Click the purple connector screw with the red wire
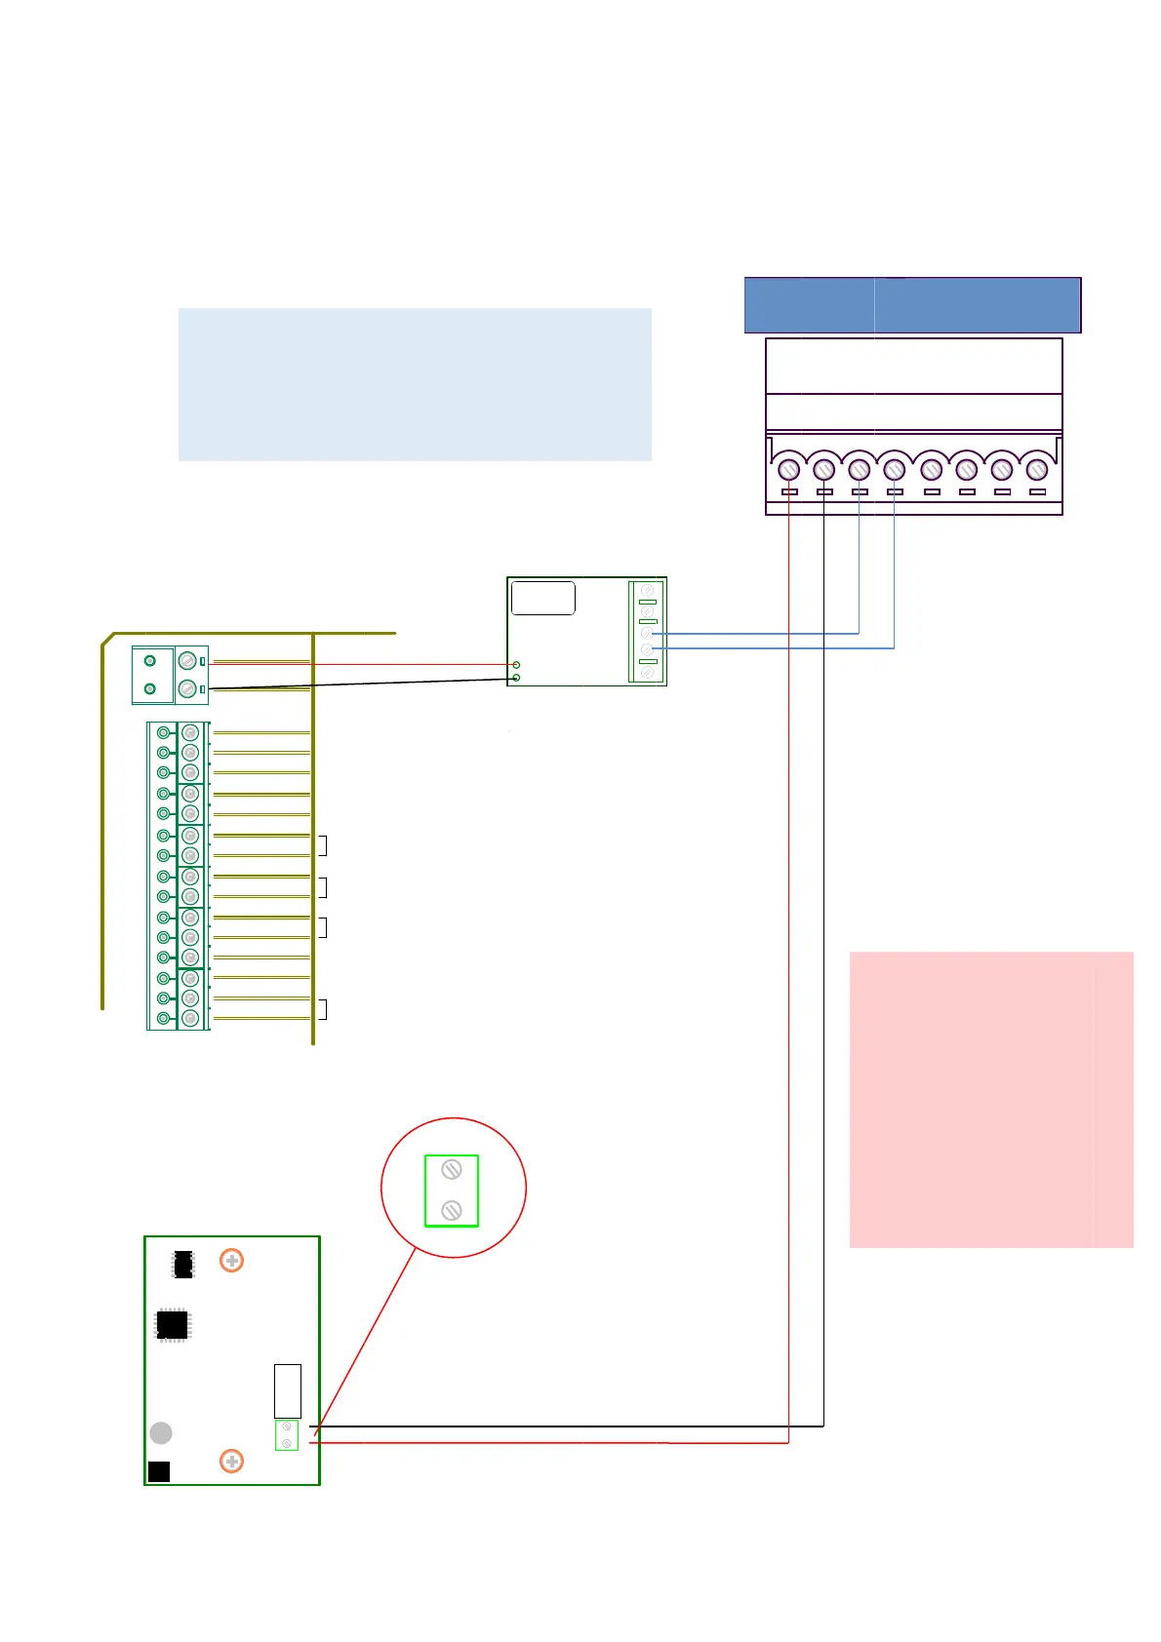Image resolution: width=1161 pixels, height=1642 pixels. point(789,470)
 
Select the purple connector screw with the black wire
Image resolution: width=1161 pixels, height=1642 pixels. point(824,470)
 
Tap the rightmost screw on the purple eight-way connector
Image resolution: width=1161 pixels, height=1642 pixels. point(1037,470)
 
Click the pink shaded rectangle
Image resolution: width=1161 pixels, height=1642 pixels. point(990,1099)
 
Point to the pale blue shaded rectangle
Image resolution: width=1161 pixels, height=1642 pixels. point(415,384)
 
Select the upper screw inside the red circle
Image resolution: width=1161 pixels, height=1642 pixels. point(451,1169)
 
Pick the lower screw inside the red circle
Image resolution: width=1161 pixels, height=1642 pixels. point(451,1210)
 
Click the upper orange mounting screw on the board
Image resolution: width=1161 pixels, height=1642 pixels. point(231,1261)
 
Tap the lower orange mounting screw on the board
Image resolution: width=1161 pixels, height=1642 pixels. point(231,1462)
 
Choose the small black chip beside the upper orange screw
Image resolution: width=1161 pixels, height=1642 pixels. point(182,1264)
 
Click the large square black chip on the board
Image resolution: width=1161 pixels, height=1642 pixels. point(173,1324)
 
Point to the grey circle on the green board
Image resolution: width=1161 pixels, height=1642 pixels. point(161,1432)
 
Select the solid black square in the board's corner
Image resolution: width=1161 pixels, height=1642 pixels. point(159,1471)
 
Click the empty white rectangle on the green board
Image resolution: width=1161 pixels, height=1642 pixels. point(288,1390)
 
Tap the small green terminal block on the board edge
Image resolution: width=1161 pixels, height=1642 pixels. point(287,1434)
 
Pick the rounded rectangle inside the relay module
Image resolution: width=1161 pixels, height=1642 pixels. point(543,598)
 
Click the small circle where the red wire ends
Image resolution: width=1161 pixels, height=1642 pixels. point(516,665)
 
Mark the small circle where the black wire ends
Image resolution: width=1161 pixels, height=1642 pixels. point(516,678)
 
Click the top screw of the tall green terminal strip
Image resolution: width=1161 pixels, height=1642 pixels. point(190,732)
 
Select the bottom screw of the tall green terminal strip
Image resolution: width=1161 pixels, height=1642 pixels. point(190,1018)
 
